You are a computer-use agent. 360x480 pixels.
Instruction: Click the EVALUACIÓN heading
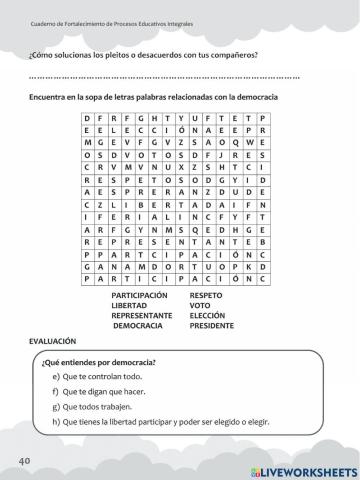tap(52, 341)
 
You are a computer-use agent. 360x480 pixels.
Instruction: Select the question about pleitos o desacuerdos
tap(144, 54)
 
